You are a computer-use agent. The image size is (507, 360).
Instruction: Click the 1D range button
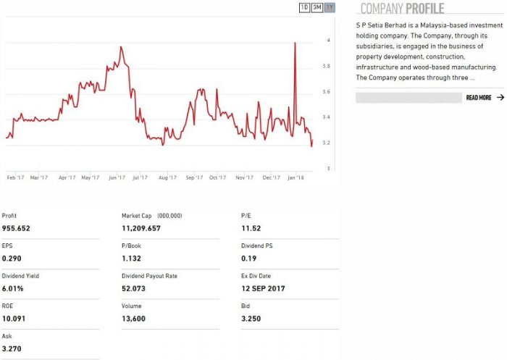click(x=304, y=7)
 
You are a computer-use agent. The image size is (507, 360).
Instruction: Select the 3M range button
click(x=317, y=7)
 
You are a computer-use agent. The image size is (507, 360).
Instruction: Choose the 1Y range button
click(x=330, y=7)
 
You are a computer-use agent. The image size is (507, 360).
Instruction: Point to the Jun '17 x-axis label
click(x=116, y=177)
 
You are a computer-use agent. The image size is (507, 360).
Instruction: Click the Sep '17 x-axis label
click(x=193, y=177)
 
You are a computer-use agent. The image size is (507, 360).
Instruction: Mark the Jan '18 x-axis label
click(x=296, y=177)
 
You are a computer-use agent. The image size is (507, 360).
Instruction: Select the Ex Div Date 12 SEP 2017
click(x=263, y=288)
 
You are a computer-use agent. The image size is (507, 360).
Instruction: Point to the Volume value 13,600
click(x=135, y=318)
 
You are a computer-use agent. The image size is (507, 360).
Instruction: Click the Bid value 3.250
click(x=251, y=318)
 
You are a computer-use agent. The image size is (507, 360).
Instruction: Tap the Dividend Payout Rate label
click(x=150, y=276)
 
